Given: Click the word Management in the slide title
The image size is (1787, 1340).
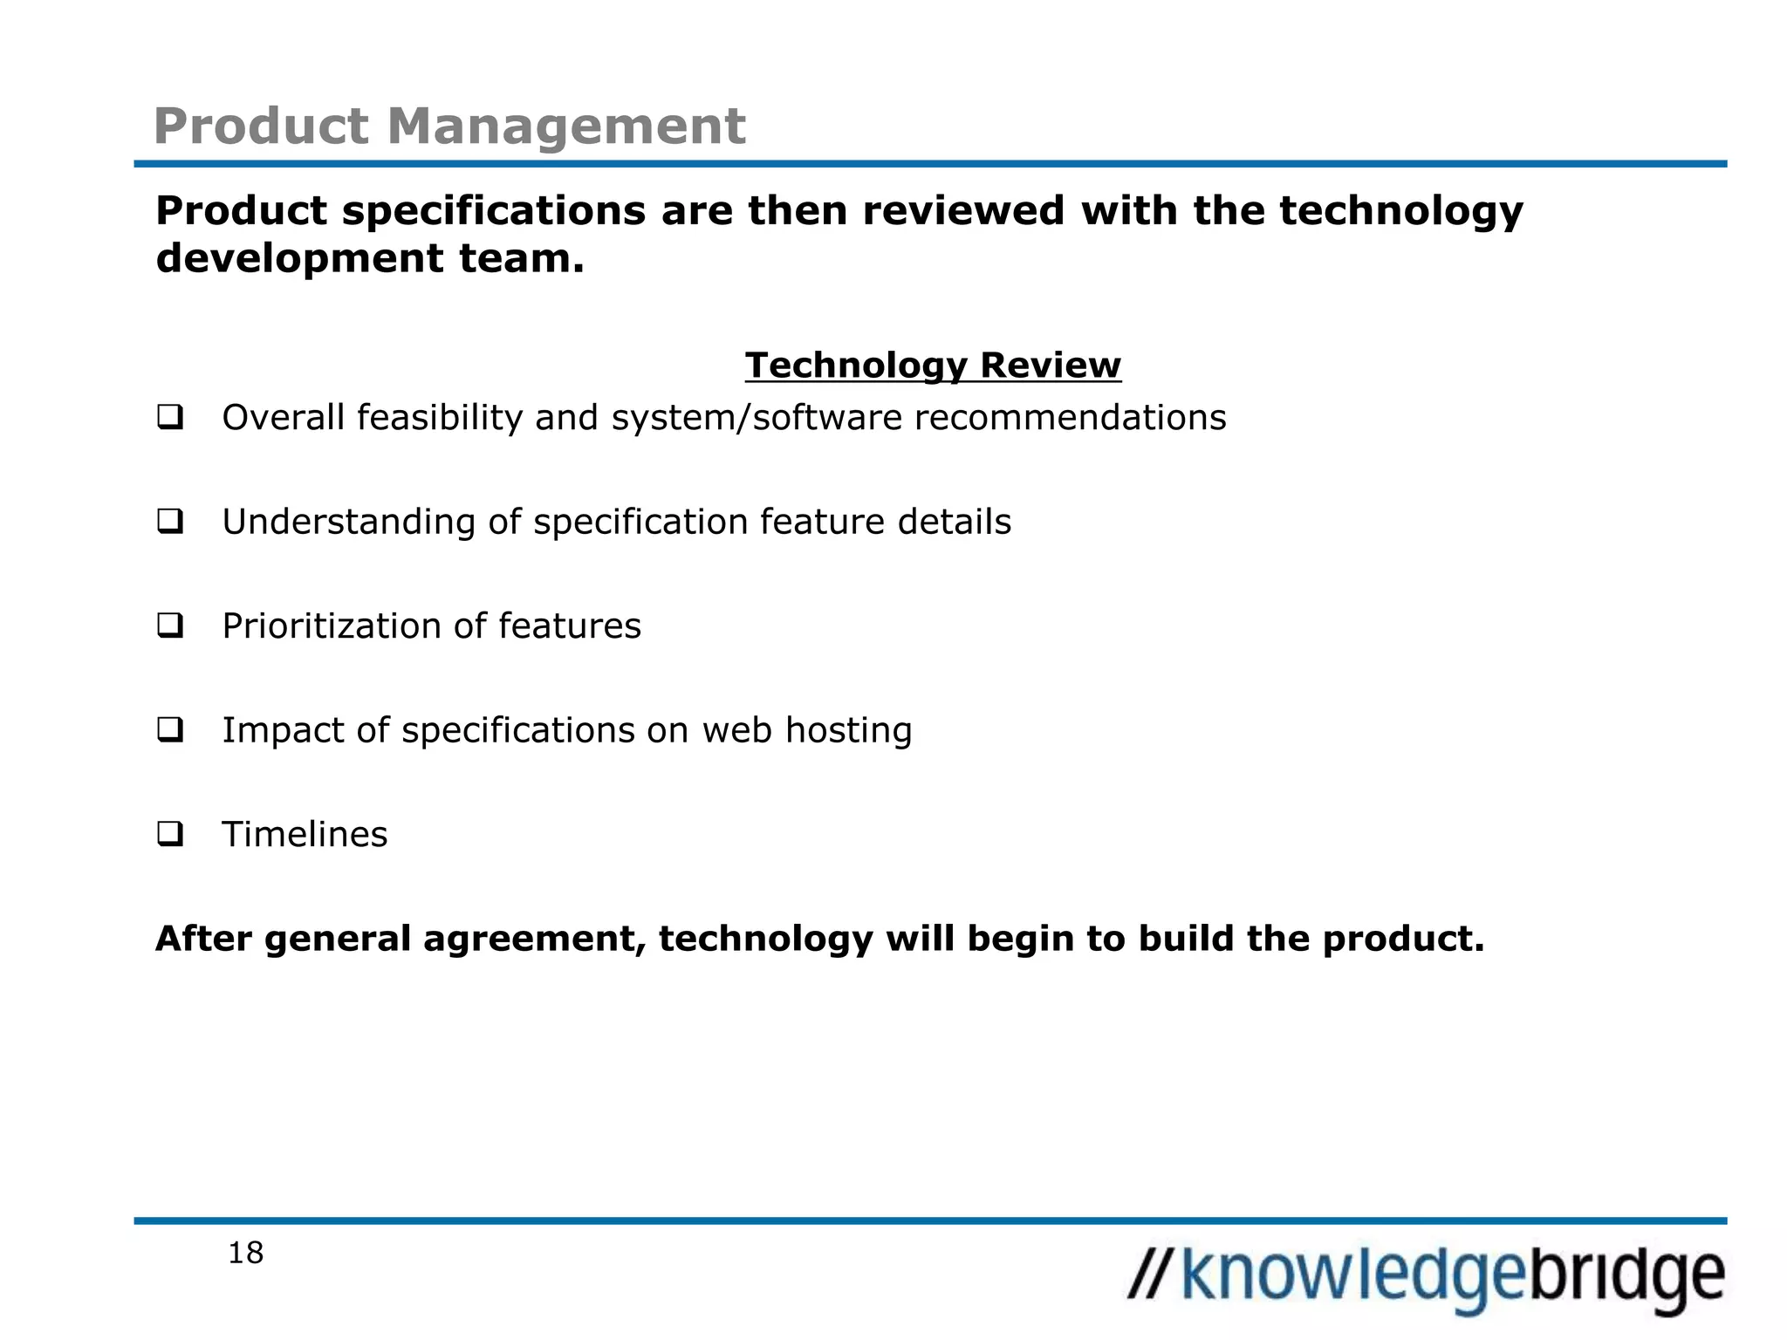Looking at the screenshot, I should point(566,126).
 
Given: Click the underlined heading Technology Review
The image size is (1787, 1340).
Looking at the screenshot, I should point(933,365).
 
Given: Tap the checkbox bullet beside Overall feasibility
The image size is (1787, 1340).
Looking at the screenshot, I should point(170,417).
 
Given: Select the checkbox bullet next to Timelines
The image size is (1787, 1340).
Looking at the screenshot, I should point(170,834).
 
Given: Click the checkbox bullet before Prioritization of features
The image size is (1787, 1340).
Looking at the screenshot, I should point(170,626).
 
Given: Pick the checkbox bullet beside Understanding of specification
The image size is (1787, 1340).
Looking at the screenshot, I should point(170,522).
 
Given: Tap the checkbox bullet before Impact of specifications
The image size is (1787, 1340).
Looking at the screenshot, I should point(170,729).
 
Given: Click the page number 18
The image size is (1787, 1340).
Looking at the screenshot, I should point(245,1254).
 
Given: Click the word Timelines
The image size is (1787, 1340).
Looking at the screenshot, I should point(305,835).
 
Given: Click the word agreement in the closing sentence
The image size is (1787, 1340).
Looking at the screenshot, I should point(534,939).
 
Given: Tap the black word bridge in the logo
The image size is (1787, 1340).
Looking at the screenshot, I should point(1628,1276).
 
